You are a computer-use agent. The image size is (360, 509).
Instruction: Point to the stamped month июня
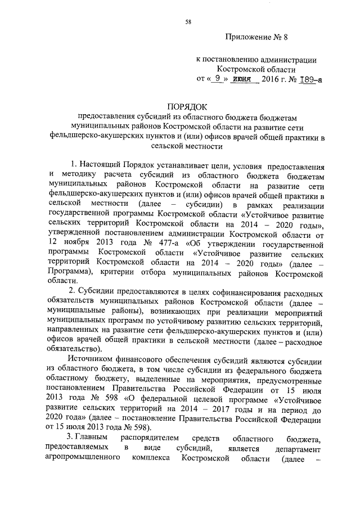coord(244,79)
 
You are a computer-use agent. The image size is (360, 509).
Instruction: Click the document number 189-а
coord(309,79)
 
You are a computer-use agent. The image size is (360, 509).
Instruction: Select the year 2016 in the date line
coord(272,79)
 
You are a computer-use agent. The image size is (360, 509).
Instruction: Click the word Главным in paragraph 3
coord(92,436)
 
